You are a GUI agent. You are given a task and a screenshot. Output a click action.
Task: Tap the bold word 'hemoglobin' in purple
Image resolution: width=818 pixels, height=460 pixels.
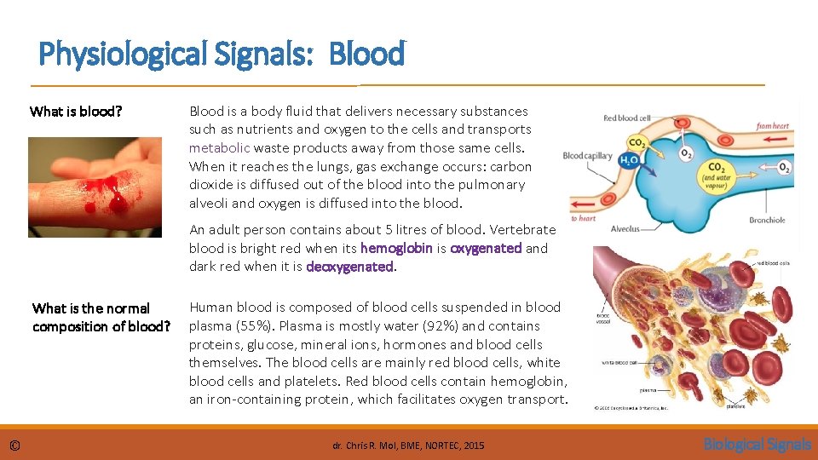coord(396,248)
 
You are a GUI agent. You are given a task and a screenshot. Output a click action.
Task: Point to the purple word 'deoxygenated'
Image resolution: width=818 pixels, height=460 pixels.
coord(349,267)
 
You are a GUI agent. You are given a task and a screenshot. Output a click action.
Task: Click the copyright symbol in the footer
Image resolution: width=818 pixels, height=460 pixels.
coord(15,445)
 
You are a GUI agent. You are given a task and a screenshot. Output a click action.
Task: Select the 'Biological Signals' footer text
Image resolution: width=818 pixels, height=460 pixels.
coord(757,444)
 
